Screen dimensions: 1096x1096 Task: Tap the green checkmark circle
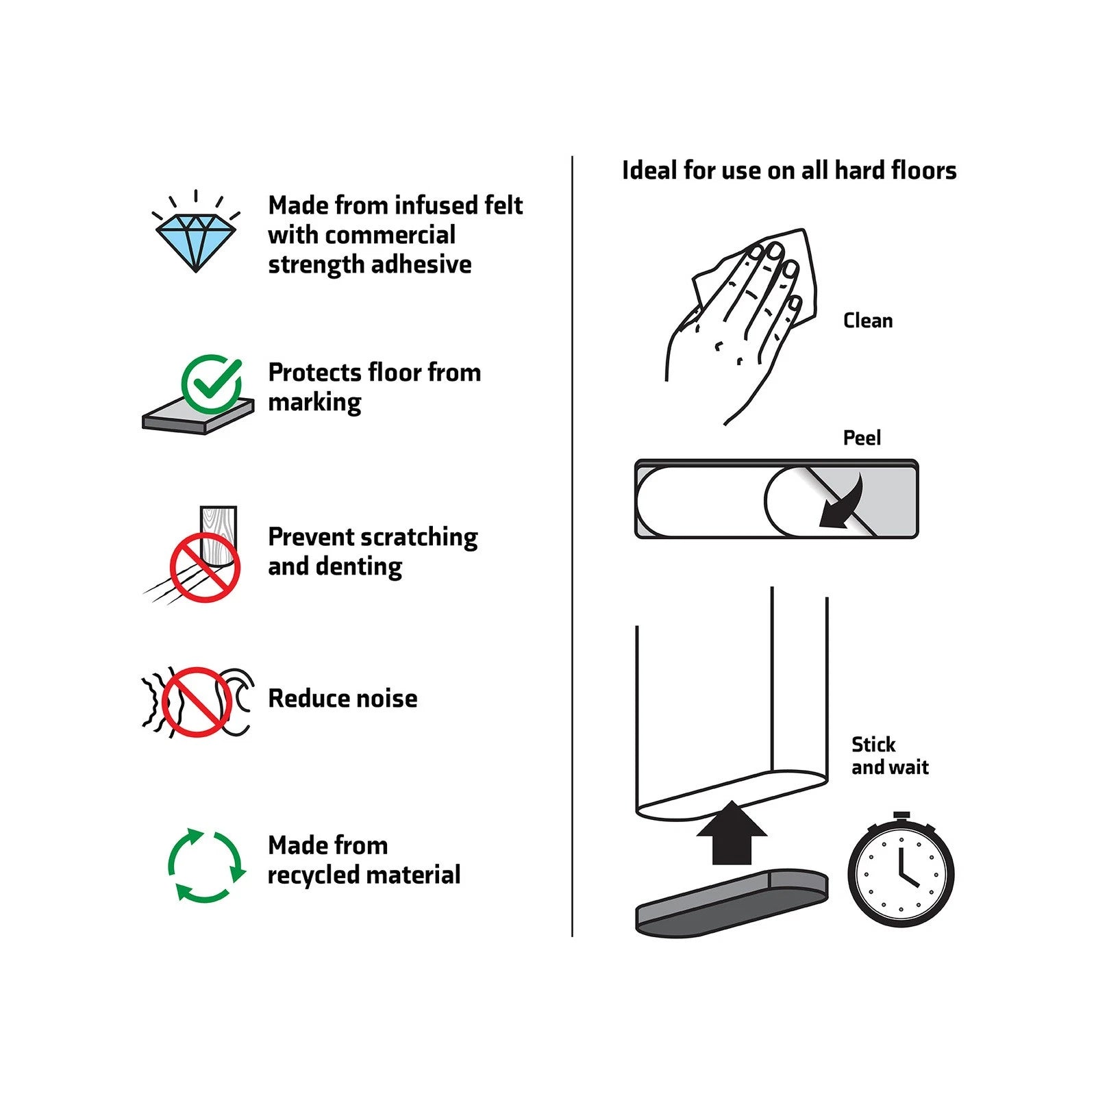click(212, 384)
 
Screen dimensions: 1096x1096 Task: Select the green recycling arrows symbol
click(206, 866)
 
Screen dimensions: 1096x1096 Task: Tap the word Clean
click(868, 321)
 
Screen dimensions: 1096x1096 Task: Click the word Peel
click(862, 438)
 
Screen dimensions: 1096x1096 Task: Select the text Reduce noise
click(342, 699)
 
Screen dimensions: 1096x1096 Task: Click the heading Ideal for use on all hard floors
click(789, 171)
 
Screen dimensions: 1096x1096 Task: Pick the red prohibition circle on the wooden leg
click(205, 568)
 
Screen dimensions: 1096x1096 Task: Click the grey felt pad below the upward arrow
click(732, 902)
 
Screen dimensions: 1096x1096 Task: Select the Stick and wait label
click(890, 756)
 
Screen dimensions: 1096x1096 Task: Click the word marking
click(314, 403)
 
